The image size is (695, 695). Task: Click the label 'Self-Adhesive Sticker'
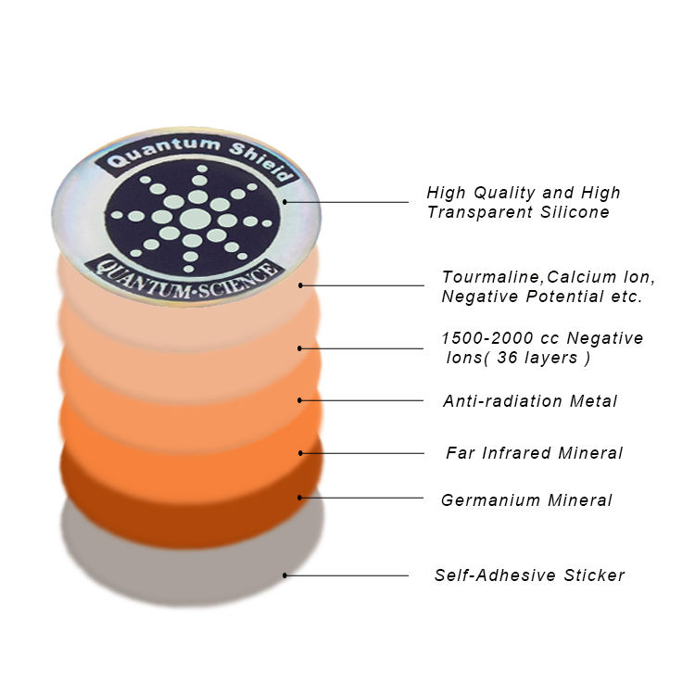coord(529,575)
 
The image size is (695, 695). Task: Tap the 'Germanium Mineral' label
coord(526,500)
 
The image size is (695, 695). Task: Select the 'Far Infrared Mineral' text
coord(534,453)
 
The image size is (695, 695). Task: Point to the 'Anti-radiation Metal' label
coord(530,401)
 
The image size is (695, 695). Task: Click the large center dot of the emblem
coord(195,219)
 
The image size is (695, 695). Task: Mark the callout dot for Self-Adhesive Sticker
coord(285,575)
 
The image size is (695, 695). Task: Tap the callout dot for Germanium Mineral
coord(300,498)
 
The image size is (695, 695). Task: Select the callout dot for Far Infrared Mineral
coord(301,453)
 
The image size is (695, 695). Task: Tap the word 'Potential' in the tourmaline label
coord(558,297)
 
